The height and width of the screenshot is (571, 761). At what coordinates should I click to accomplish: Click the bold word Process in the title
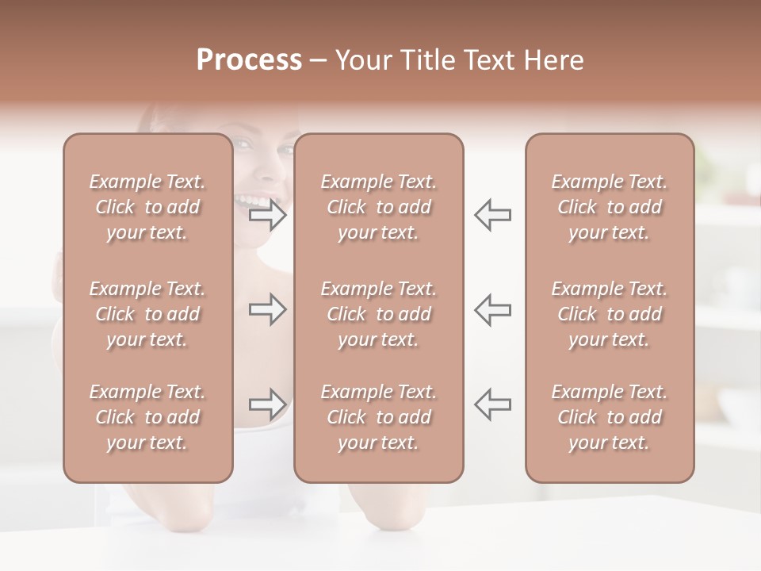coord(249,60)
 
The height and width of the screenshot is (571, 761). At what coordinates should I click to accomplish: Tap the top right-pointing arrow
coord(268,215)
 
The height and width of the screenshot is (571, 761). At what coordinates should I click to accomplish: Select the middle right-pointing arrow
coord(268,309)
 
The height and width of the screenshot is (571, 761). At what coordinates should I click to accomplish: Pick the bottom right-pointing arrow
coord(268,404)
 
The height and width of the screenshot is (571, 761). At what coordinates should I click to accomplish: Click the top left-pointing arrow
coord(493,215)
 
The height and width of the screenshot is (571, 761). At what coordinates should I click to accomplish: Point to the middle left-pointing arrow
coord(493,309)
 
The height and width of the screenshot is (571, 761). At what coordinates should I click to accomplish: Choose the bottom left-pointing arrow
coord(493,404)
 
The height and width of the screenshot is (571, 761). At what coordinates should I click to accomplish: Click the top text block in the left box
coord(147,207)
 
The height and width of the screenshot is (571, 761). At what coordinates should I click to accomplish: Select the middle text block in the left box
coord(147,314)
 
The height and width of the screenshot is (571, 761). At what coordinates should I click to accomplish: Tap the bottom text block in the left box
coord(147,417)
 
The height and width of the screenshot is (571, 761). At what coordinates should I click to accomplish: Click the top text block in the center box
coord(379,207)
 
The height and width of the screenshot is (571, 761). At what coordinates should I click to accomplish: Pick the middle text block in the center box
coord(379,314)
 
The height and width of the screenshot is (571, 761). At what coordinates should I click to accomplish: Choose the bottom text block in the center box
coord(379,417)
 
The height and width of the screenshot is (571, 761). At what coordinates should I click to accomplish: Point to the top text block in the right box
coord(610,207)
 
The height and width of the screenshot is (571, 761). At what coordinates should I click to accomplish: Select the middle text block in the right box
coord(610,314)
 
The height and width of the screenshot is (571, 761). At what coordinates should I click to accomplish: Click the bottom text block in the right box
coord(610,417)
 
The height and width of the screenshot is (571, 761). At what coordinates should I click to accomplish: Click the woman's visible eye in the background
coord(244,145)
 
